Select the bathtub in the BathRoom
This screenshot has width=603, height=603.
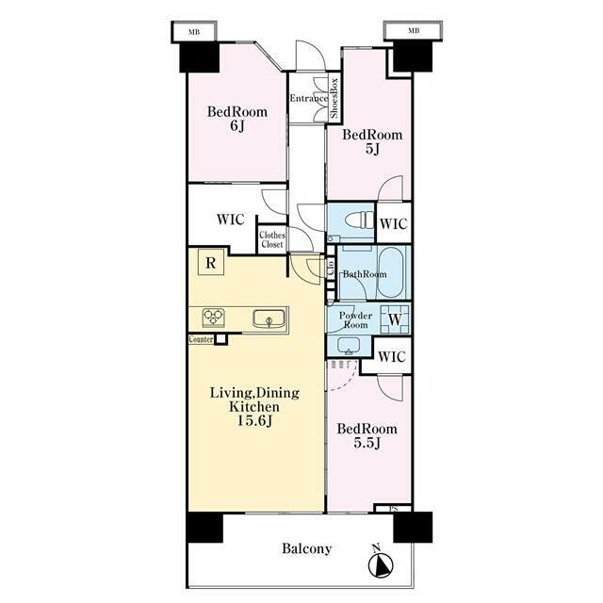pos(391,272)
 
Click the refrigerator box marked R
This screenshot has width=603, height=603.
pos(211,262)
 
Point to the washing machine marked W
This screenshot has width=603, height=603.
pos(395,318)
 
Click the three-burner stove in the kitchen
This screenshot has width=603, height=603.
pos(214,318)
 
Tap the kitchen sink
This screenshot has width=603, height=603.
pos(269,318)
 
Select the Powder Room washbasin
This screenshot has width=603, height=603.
pos(349,345)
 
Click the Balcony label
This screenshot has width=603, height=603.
pos(306,548)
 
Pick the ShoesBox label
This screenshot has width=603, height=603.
pos(334,98)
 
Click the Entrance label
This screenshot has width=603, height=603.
pos(309,98)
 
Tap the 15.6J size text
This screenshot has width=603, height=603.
pos(254,421)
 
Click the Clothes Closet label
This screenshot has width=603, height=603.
pos(272,239)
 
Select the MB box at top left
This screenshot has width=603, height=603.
pos(194,32)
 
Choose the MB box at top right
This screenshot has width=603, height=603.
pos(414,31)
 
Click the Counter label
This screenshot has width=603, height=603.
pos(201,339)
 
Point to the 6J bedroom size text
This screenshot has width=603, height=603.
pos(236,125)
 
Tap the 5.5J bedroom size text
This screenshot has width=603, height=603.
pos(367,443)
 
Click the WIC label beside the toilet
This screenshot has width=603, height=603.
pos(394,223)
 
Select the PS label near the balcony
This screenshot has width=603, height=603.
pos(394,509)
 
